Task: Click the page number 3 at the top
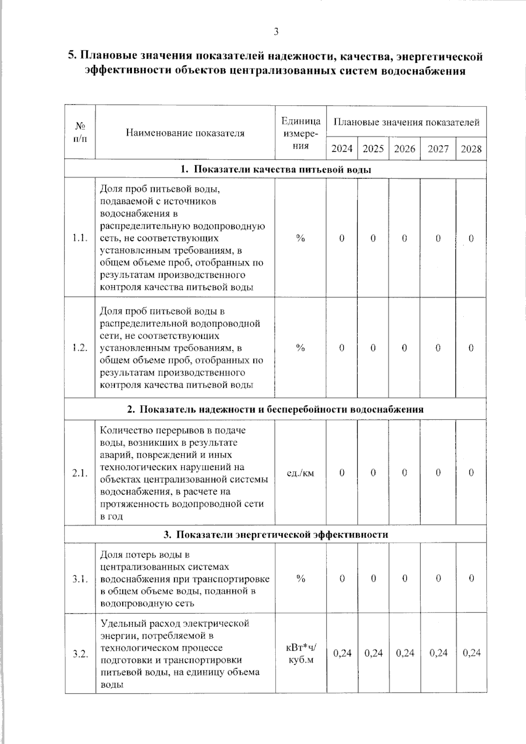(276, 32)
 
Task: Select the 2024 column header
(342, 149)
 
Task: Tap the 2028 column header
(471, 149)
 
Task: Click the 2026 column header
(404, 149)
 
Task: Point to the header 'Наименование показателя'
(185, 133)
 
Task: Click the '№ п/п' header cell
(80, 133)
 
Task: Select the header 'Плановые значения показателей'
(406, 122)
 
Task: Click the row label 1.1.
(80, 238)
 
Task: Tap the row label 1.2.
(80, 348)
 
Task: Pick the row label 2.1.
(80, 473)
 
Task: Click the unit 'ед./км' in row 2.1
(300, 473)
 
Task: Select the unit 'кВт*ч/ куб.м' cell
(300, 653)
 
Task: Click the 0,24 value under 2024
(342, 653)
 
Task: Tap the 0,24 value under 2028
(471, 653)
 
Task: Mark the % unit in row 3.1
(300, 579)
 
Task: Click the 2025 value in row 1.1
(373, 239)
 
